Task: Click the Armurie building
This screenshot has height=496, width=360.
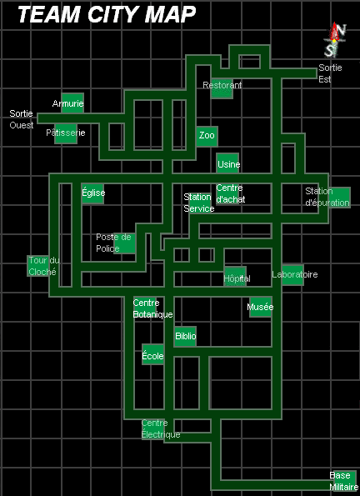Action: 72,103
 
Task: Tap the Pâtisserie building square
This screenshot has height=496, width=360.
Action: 66,133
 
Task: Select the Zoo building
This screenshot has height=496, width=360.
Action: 207,137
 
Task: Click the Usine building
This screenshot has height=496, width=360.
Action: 227,163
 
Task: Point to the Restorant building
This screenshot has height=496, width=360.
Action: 222,88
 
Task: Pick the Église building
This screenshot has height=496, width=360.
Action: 92,193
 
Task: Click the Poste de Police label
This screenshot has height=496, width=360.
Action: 113,243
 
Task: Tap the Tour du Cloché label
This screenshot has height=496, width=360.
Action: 44,266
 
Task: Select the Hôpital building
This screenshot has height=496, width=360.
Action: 235,277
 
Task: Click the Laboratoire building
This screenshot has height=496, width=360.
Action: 293,275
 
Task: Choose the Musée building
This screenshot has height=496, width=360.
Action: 261,307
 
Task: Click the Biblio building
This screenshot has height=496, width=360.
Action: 185,336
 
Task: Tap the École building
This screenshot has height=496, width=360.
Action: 152,354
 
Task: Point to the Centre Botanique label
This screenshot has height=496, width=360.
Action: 152,308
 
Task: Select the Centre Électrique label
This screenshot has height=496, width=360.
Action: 161,429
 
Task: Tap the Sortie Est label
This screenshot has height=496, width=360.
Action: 330,73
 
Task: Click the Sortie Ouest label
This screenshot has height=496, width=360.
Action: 22,119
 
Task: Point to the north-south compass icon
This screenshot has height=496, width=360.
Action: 335,39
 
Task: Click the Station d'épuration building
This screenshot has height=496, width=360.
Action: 339,198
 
